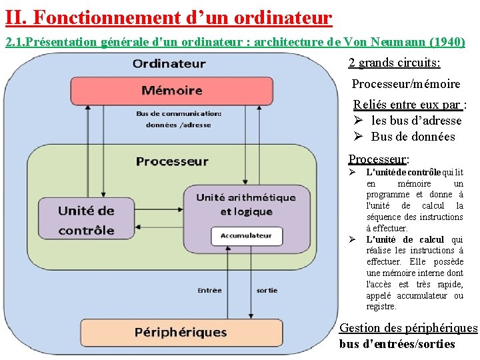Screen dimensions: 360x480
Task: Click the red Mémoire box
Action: pos(172,90)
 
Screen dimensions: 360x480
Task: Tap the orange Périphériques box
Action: pos(181,332)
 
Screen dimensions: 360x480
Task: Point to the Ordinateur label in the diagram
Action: pos(169,64)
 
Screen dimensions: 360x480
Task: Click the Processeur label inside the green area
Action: pos(172,161)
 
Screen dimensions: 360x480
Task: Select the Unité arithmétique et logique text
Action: pos(245,204)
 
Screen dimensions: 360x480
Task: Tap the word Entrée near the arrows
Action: pos(210,290)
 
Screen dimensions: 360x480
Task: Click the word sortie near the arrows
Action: pos(267,290)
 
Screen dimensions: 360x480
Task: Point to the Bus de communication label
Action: pos(179,119)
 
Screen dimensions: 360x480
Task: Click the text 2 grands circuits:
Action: pos(394,63)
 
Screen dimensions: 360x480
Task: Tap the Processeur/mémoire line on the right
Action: pos(405,84)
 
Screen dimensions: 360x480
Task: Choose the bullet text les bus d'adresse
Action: pos(416,121)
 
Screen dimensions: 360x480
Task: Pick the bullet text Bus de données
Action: pos(413,137)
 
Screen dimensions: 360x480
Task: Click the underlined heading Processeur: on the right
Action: pos(379,159)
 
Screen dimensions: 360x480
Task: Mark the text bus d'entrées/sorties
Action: pos(397,344)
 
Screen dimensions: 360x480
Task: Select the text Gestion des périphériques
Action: pos(408,328)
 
